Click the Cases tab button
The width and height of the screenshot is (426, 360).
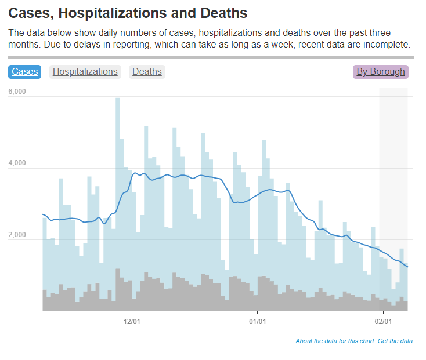(24, 72)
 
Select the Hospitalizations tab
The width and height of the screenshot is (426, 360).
(85, 72)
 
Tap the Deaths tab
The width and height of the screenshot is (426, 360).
(147, 72)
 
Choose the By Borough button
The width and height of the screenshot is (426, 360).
(380, 72)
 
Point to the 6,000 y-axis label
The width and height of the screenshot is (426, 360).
(17, 92)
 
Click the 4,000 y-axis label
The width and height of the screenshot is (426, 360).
(17, 163)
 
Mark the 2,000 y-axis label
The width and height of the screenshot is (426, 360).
(17, 235)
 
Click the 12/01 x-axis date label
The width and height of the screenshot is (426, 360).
(132, 321)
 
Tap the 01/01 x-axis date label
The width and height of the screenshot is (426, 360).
(258, 321)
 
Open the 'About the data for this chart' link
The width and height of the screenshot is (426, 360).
(335, 341)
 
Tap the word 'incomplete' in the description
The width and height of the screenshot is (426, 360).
(387, 44)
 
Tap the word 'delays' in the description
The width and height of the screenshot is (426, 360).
(85, 44)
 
